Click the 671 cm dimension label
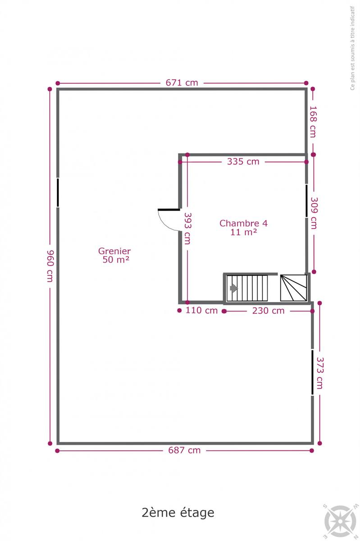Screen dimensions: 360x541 coord(182,83)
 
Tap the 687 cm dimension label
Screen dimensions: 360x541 coord(184,450)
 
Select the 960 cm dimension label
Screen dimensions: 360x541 coord(50,266)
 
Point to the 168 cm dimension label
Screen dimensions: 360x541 coord(313,122)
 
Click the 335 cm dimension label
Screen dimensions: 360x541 coord(243,161)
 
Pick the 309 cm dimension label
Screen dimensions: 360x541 coord(314,213)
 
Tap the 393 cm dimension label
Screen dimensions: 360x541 coord(187,228)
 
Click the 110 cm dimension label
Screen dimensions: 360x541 coord(201,310)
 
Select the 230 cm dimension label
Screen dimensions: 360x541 coord(268,311)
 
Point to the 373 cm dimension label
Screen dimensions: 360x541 coord(320,373)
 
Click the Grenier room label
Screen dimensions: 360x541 coord(115,255)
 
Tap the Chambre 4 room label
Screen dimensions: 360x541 coord(243,228)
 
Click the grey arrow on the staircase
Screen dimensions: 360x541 coord(234,288)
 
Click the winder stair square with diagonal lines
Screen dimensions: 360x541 coord(293,288)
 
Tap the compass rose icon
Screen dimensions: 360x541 coord(340,519)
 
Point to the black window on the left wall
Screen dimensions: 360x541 coord(58,193)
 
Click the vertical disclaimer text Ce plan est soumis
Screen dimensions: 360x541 coord(352,48)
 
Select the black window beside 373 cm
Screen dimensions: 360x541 coord(312,372)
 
